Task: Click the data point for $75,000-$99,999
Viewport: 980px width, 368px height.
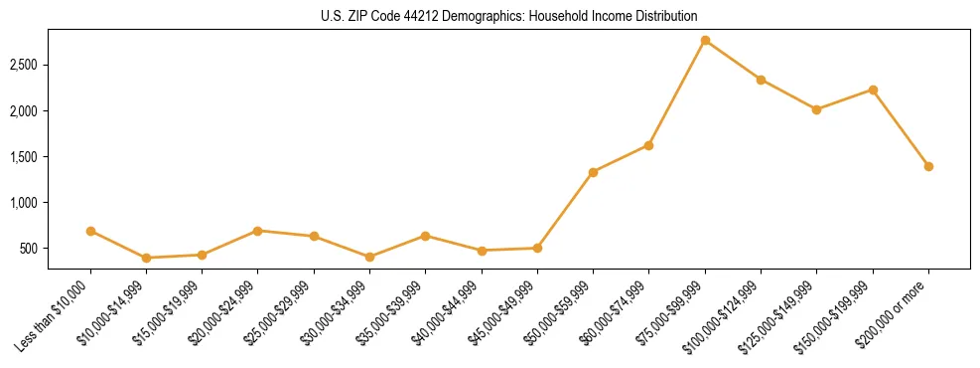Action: click(705, 41)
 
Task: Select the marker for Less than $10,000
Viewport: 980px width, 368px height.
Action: click(90, 231)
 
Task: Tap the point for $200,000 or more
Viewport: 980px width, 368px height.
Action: click(928, 166)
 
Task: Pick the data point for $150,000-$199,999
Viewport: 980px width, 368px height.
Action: click(873, 90)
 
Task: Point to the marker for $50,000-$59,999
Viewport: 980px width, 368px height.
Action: click(593, 172)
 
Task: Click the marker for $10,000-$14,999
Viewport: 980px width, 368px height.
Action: click(146, 258)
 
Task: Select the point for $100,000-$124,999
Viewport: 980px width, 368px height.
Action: click(761, 80)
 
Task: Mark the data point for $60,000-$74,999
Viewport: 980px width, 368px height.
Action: click(648, 145)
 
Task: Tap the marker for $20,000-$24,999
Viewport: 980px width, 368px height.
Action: click(258, 231)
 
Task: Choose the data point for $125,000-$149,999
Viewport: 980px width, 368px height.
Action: click(816, 109)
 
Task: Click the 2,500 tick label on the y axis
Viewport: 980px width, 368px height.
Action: click(23, 66)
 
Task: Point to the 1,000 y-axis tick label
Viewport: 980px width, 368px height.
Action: click(23, 203)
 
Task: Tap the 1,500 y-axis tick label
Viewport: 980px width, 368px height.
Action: click(23, 157)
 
